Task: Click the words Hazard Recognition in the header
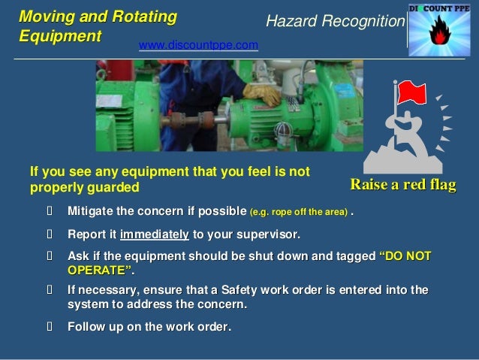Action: point(335,23)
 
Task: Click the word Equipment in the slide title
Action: point(59,35)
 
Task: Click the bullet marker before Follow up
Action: point(51,327)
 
